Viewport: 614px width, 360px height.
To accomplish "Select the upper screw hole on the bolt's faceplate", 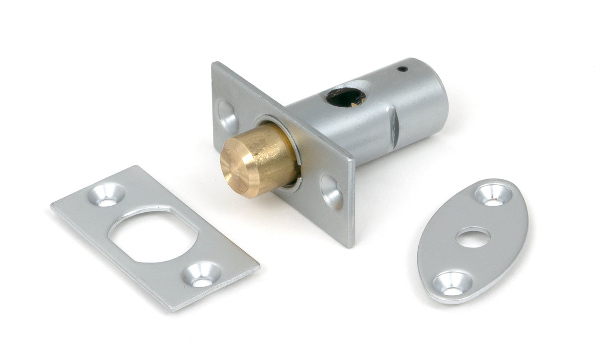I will pos(227,117).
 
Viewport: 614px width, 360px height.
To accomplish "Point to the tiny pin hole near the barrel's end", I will pos(402,69).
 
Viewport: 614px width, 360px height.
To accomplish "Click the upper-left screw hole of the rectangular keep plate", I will pos(106,195).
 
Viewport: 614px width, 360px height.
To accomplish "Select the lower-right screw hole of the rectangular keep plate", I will pos(202,275).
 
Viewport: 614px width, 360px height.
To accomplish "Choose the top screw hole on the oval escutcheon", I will pos(493,195).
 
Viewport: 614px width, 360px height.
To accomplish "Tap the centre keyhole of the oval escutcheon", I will pos(473,237).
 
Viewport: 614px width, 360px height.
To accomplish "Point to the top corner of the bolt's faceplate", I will pos(214,63).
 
